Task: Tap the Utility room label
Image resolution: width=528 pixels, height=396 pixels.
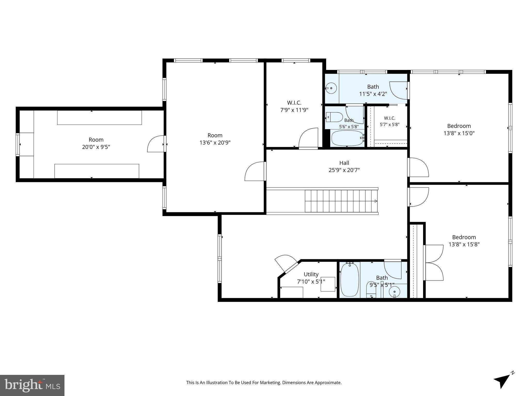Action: (x=311, y=274)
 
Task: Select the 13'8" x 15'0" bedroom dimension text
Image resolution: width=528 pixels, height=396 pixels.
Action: (x=459, y=133)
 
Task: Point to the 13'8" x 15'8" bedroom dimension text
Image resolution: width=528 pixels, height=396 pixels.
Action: (x=464, y=244)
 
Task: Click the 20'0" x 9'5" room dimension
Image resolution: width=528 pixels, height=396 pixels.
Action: (x=96, y=147)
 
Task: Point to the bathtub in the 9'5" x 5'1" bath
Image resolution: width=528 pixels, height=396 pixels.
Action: (x=350, y=280)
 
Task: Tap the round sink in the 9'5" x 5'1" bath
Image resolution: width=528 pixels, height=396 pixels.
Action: (x=394, y=292)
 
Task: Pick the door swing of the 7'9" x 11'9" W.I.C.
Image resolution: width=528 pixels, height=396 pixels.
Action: (x=308, y=138)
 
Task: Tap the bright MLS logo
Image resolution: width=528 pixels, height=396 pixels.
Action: (x=32, y=385)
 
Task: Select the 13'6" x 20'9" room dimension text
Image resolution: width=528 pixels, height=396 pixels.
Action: (x=215, y=143)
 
